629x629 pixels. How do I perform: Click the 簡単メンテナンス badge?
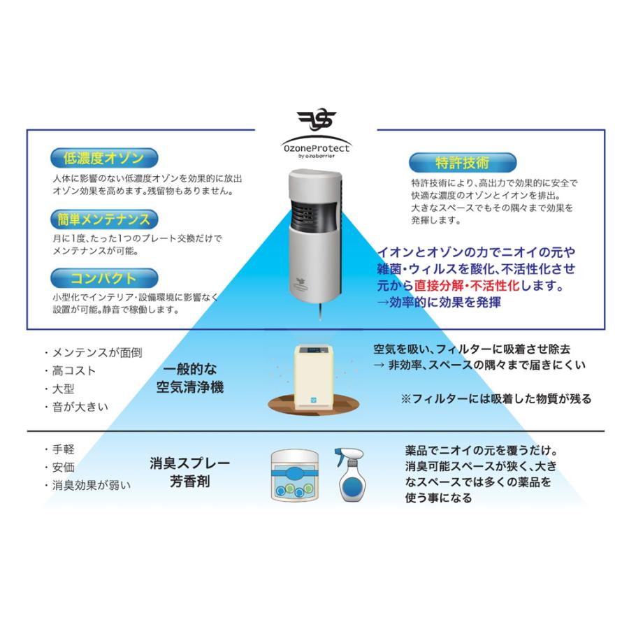tap(101, 219)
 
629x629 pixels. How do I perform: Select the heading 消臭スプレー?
tap(190, 463)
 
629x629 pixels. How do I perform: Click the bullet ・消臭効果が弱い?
tap(87, 485)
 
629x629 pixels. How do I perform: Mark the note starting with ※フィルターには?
tap(496, 399)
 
